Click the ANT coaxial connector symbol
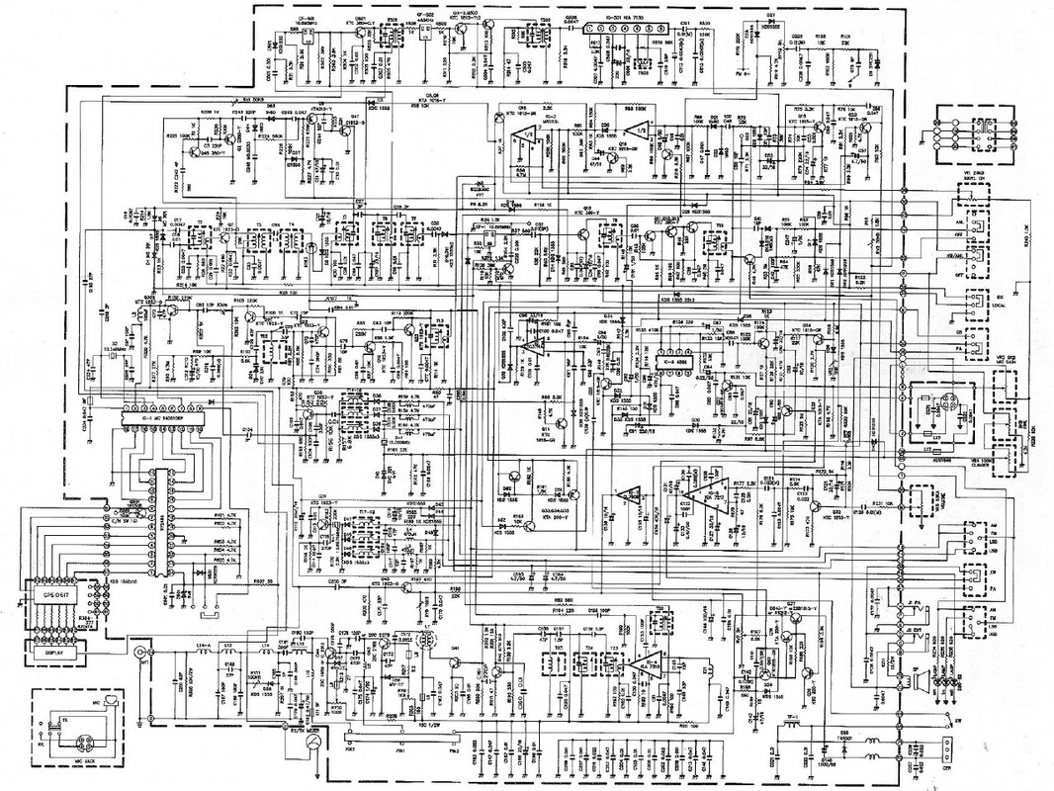coord(139,655)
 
